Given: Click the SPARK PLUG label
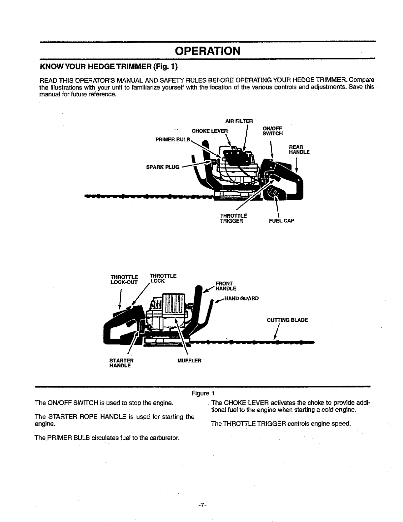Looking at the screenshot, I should coord(163,167).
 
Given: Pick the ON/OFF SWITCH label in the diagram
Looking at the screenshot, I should coord(272,131).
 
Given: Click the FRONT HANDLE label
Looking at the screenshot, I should coord(226,286).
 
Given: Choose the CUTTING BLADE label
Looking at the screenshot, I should coord(287,320).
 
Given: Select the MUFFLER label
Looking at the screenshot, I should coord(189,360).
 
